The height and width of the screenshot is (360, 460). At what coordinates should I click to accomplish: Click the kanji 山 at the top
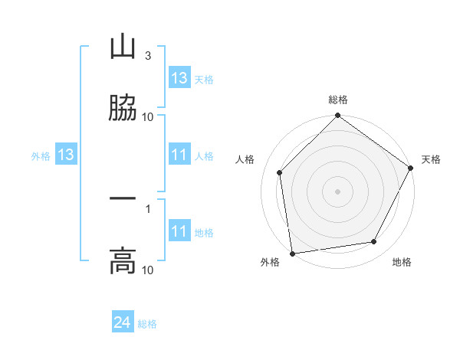[123, 47]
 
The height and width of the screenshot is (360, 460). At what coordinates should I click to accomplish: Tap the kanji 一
[123, 199]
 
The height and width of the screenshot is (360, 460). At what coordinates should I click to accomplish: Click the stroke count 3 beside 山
[147, 56]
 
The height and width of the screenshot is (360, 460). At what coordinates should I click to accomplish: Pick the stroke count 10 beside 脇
[147, 117]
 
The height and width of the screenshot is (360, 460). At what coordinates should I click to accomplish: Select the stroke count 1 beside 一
[147, 208]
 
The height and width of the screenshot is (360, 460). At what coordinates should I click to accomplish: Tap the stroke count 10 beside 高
[147, 270]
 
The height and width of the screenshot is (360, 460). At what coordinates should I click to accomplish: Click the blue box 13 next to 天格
[179, 78]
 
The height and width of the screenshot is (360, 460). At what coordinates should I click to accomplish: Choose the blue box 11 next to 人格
[179, 155]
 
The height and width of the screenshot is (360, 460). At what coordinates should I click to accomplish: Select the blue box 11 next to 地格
[179, 232]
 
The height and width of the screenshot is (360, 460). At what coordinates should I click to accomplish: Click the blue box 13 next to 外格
[66, 155]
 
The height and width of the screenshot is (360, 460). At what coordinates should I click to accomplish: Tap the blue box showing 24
[123, 323]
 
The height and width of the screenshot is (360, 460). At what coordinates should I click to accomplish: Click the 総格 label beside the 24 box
[147, 324]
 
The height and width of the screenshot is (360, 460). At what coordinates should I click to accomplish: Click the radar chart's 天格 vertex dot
[411, 169]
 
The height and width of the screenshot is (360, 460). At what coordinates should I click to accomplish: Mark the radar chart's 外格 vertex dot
[292, 253]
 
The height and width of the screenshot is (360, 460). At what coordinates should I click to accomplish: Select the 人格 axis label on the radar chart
[245, 159]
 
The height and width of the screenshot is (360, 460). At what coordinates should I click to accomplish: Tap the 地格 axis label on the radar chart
[402, 263]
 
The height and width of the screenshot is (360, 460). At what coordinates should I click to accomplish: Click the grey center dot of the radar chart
[337, 191]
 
